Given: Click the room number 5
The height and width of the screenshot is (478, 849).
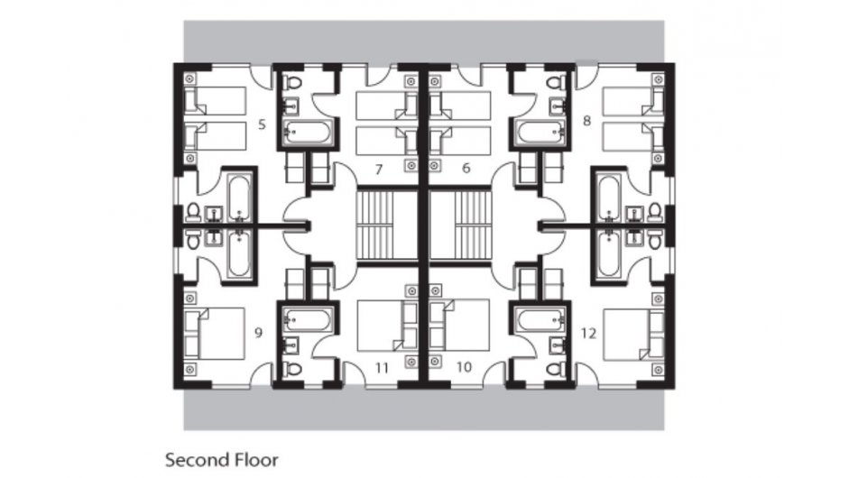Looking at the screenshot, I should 261,122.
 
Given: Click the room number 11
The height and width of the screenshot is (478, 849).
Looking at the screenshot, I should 382,367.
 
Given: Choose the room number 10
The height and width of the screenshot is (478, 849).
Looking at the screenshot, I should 465,367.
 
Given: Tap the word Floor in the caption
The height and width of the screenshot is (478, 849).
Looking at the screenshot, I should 254,458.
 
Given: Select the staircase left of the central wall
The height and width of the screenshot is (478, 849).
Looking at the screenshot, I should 379,225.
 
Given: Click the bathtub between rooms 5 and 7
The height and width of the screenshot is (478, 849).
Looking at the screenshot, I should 309,133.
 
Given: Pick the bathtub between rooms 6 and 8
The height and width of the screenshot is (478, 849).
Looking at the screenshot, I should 540,133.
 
